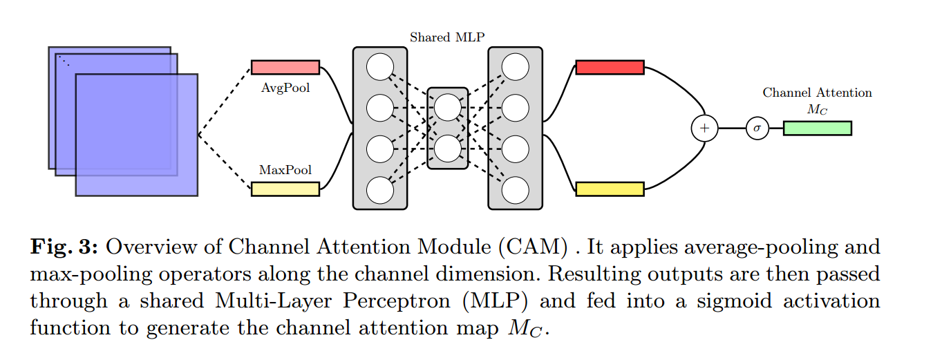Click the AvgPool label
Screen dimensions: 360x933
(x=285, y=88)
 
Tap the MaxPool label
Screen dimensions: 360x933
(x=285, y=169)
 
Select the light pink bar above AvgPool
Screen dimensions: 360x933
(x=285, y=67)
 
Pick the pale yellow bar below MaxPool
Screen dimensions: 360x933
(x=285, y=189)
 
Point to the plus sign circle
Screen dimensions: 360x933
(x=705, y=128)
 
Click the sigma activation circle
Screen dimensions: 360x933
(x=757, y=128)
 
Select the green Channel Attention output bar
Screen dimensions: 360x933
(x=817, y=128)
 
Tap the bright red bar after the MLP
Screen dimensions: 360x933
(x=610, y=67)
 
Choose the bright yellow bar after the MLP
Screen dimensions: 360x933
(x=610, y=189)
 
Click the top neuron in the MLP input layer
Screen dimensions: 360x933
(x=379, y=67)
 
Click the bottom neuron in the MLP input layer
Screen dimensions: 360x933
(x=379, y=189)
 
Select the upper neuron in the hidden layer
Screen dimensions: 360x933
(x=447, y=107)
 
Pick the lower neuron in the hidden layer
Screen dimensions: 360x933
(x=447, y=148)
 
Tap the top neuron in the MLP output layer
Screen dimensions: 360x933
(x=515, y=67)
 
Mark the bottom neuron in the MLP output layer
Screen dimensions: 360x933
(x=515, y=189)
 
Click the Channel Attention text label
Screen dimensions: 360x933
(x=817, y=93)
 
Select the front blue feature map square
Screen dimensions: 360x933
(x=136, y=135)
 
